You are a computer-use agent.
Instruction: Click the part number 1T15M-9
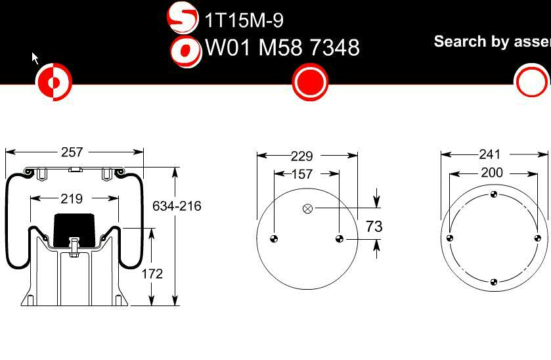(244, 20)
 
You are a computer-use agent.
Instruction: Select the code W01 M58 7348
(282, 47)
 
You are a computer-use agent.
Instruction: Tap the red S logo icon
(183, 18)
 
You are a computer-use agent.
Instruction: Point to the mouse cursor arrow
(35, 58)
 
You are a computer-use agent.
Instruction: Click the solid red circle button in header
(309, 82)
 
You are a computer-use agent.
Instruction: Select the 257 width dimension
(72, 152)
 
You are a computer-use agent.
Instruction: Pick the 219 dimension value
(72, 198)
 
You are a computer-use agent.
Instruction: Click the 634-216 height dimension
(177, 206)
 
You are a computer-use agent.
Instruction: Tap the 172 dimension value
(152, 273)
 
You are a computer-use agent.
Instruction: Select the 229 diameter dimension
(301, 156)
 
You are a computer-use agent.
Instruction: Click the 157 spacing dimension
(301, 174)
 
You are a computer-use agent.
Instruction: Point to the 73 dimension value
(374, 226)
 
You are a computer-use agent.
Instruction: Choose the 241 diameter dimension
(490, 154)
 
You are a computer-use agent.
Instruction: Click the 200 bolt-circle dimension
(491, 173)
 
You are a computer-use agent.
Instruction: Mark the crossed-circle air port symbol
(307, 209)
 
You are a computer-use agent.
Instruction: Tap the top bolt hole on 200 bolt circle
(494, 194)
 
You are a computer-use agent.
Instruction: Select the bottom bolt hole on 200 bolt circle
(494, 282)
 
